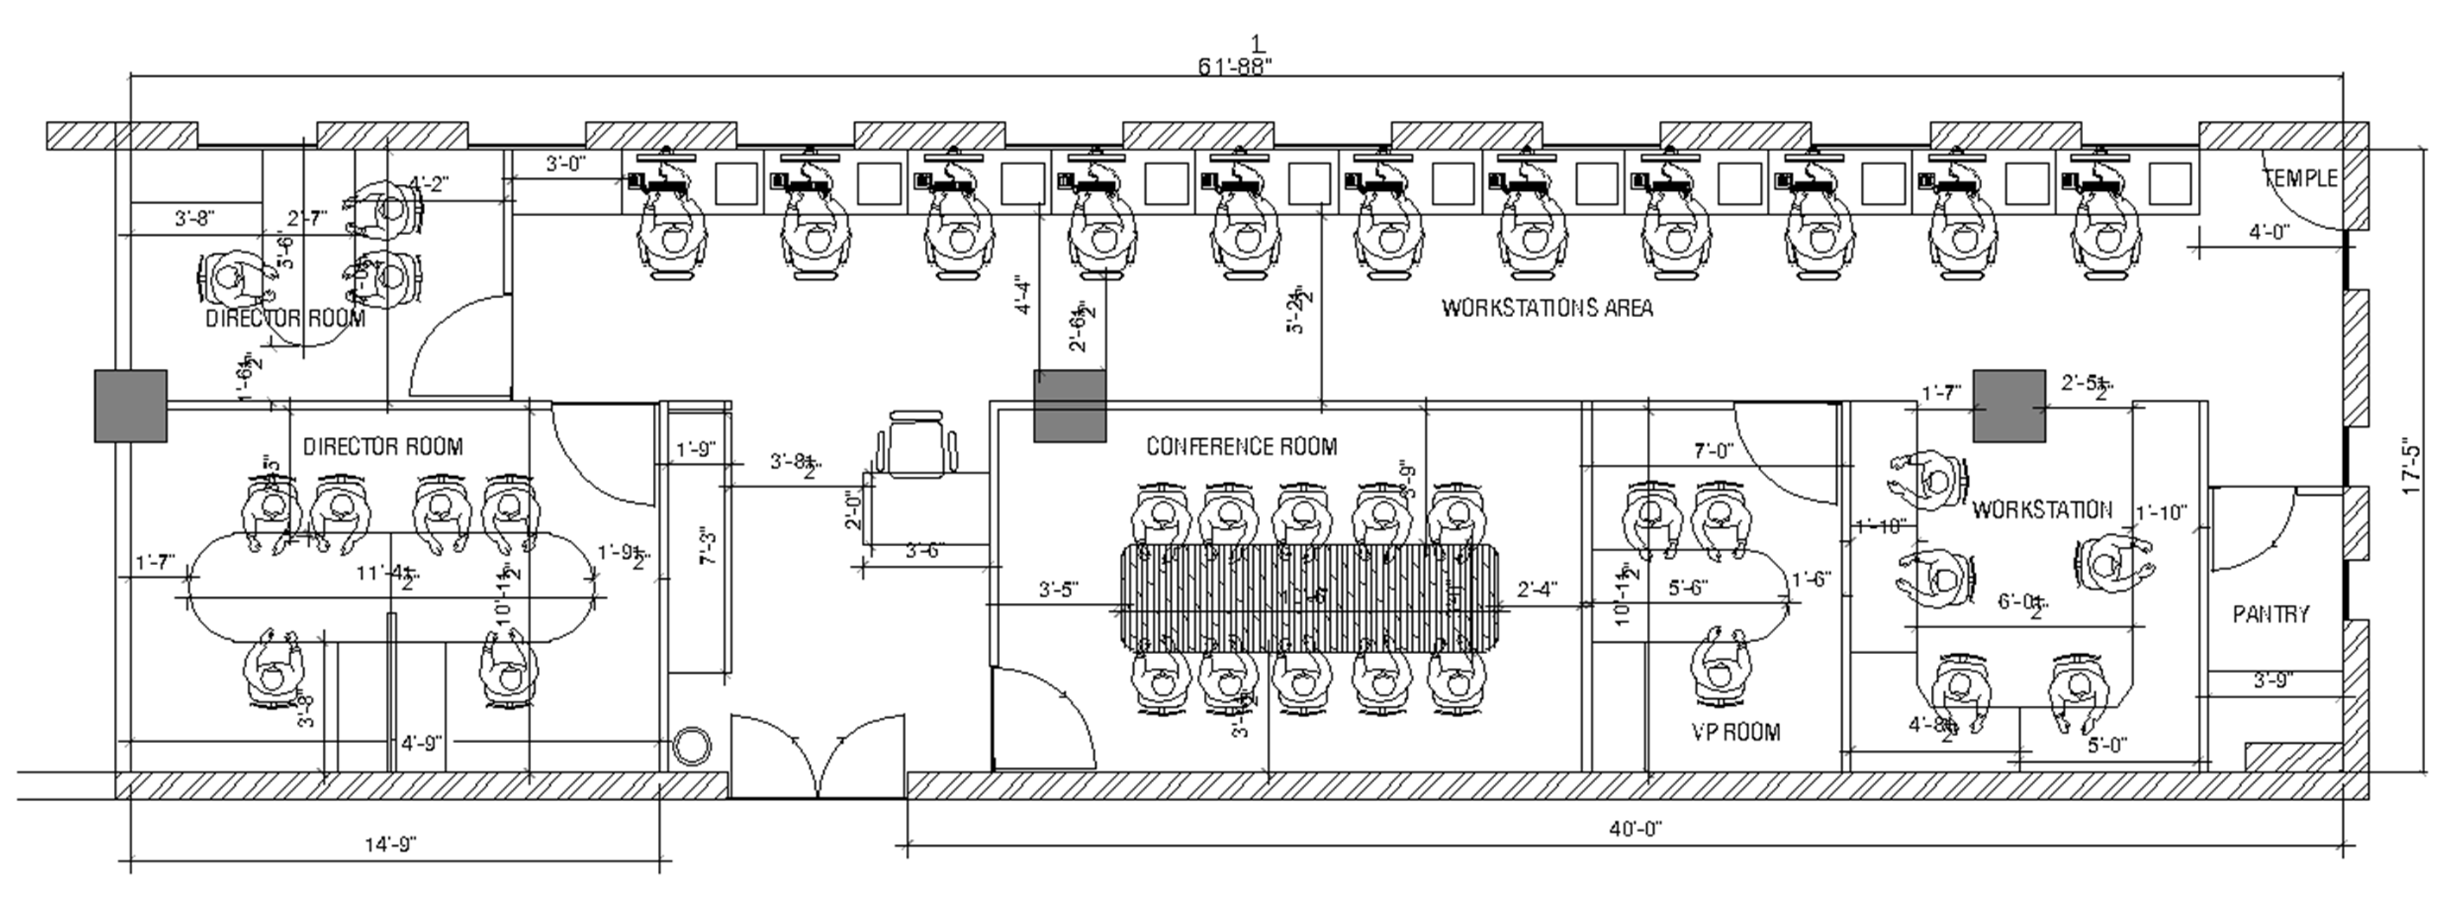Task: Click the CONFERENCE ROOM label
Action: (x=1241, y=447)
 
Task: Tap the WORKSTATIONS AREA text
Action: (x=1547, y=308)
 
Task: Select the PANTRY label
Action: (x=2271, y=614)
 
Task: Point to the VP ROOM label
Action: (x=1736, y=732)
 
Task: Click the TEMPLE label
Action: (x=2300, y=178)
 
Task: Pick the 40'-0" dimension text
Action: (x=1636, y=829)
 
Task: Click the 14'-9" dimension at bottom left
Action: (x=391, y=844)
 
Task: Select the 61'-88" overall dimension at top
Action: (x=1235, y=66)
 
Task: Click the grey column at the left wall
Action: (x=130, y=406)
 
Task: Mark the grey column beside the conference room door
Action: (x=1070, y=406)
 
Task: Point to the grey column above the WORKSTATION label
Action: (x=2009, y=406)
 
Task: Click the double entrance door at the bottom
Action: (x=817, y=754)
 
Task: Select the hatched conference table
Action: (x=1308, y=597)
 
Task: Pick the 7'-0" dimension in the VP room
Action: (x=1713, y=450)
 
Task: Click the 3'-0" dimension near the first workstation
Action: (x=565, y=164)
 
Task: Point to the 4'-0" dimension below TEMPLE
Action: (x=2269, y=232)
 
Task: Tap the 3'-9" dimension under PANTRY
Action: (x=2273, y=680)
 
